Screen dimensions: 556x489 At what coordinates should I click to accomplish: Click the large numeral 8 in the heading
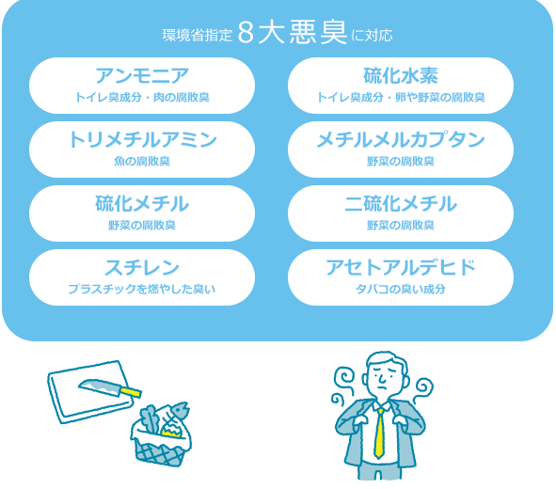tap(246, 33)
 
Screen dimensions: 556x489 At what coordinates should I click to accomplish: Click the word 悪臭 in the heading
tap(318, 32)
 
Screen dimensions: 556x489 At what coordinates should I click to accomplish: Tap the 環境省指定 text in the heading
tap(197, 36)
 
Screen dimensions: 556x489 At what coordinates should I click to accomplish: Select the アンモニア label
tap(142, 76)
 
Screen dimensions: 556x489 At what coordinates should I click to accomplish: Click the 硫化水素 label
tap(401, 76)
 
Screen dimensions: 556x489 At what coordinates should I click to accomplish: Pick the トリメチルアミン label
tap(142, 139)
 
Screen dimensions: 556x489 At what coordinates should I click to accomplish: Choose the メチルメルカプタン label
tap(401, 139)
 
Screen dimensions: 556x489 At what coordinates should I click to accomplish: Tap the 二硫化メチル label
tap(401, 204)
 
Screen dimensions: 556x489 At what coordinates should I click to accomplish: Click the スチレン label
tap(142, 267)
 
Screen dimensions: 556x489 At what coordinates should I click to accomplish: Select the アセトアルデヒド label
tap(401, 267)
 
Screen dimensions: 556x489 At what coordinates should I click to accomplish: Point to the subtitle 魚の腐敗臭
tap(142, 161)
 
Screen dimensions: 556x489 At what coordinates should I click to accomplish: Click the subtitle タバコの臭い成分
tap(401, 289)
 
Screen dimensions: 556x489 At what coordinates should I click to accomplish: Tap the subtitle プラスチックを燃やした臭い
tap(142, 289)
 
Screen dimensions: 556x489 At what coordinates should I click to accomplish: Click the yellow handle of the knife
tap(131, 392)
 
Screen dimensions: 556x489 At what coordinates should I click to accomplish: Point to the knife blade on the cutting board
tap(100, 386)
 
